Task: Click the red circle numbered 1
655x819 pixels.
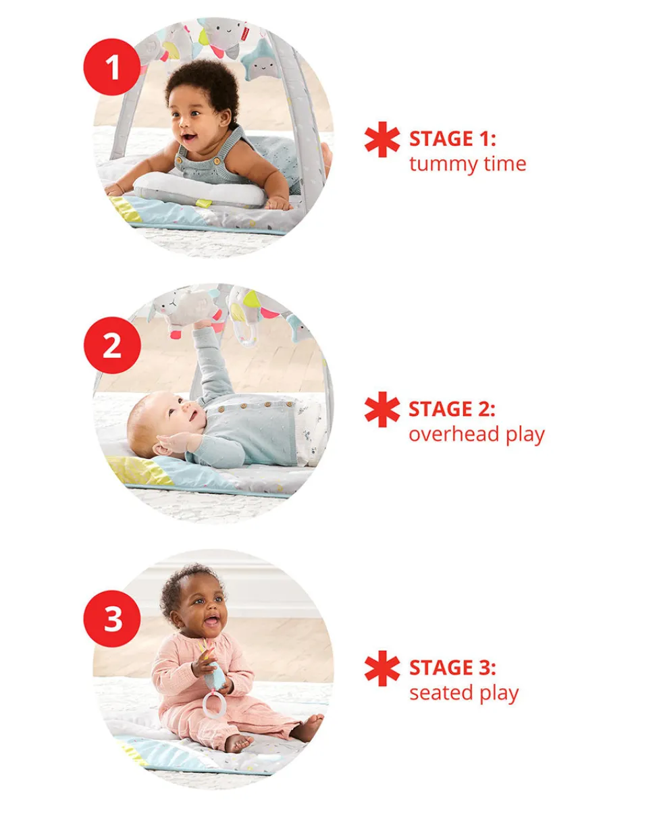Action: [111, 67]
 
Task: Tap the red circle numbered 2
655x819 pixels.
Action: [112, 345]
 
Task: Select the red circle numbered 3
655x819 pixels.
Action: [112, 618]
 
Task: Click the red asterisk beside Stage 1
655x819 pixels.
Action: [382, 139]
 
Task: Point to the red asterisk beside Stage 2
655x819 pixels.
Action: [382, 409]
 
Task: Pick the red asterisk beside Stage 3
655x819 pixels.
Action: [382, 668]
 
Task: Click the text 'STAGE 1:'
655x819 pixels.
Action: [452, 138]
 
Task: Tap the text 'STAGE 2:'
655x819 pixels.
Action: [452, 408]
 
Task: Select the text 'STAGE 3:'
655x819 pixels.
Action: [452, 668]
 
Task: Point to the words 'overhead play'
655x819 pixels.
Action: [477, 435]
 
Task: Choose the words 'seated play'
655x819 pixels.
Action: [464, 693]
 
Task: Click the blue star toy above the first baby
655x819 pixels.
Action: [261, 61]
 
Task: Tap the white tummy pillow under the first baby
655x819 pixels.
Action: [199, 190]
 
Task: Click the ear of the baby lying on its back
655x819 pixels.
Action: [162, 450]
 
